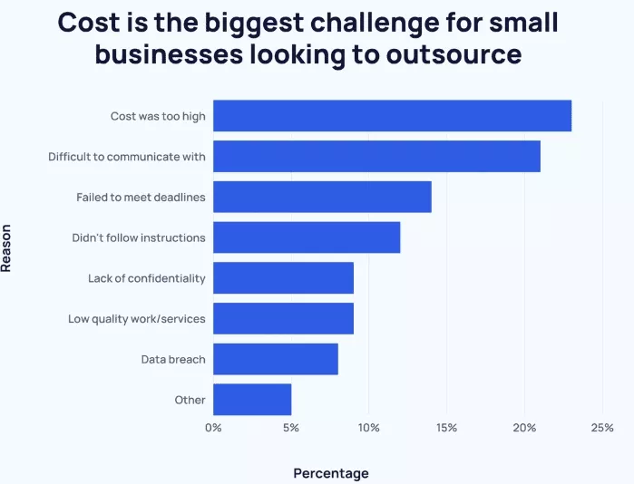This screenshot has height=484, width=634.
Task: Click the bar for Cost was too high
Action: (x=392, y=116)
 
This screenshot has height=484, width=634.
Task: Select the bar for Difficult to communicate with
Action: (x=376, y=157)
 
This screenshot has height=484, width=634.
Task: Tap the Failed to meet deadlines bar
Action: (x=322, y=197)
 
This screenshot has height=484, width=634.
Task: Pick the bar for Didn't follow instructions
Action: (x=307, y=237)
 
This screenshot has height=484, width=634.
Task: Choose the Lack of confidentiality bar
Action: (x=283, y=278)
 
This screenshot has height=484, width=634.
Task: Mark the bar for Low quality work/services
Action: (x=283, y=319)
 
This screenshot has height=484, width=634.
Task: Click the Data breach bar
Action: (x=275, y=359)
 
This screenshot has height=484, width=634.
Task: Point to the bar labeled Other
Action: (x=252, y=400)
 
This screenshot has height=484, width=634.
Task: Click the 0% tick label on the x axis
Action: (x=213, y=427)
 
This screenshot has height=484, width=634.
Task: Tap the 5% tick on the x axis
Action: (x=291, y=427)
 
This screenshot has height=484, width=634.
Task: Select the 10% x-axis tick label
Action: (x=368, y=427)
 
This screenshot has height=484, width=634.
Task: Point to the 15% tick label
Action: (x=446, y=427)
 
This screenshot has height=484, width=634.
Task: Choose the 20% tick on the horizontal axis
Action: (x=524, y=427)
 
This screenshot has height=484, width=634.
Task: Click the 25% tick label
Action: (x=602, y=427)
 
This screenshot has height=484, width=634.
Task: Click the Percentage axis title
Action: (x=331, y=473)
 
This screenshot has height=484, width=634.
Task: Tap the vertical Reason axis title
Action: (x=7, y=248)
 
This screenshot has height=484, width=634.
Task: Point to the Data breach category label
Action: (x=173, y=360)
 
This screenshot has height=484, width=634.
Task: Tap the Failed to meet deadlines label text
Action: (x=141, y=198)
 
